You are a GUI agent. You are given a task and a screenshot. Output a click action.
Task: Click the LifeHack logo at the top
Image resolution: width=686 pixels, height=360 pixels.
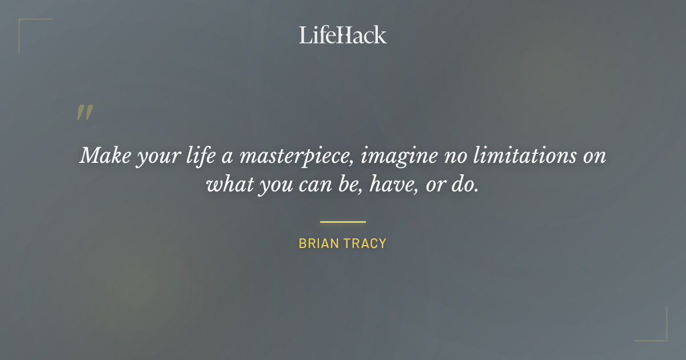point(342,35)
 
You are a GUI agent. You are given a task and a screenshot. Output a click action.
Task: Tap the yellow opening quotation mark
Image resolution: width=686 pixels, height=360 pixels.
point(84,113)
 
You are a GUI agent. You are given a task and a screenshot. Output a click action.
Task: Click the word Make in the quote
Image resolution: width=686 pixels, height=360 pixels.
point(103,155)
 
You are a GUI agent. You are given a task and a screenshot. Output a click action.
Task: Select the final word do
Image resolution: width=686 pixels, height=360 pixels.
point(466,185)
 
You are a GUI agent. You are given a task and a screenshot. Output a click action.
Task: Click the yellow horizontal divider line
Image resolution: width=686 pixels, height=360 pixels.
point(342,222)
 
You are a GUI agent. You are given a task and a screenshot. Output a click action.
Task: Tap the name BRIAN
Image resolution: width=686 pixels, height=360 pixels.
point(317,243)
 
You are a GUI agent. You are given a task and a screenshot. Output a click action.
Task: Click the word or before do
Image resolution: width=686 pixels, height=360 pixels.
point(437,186)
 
